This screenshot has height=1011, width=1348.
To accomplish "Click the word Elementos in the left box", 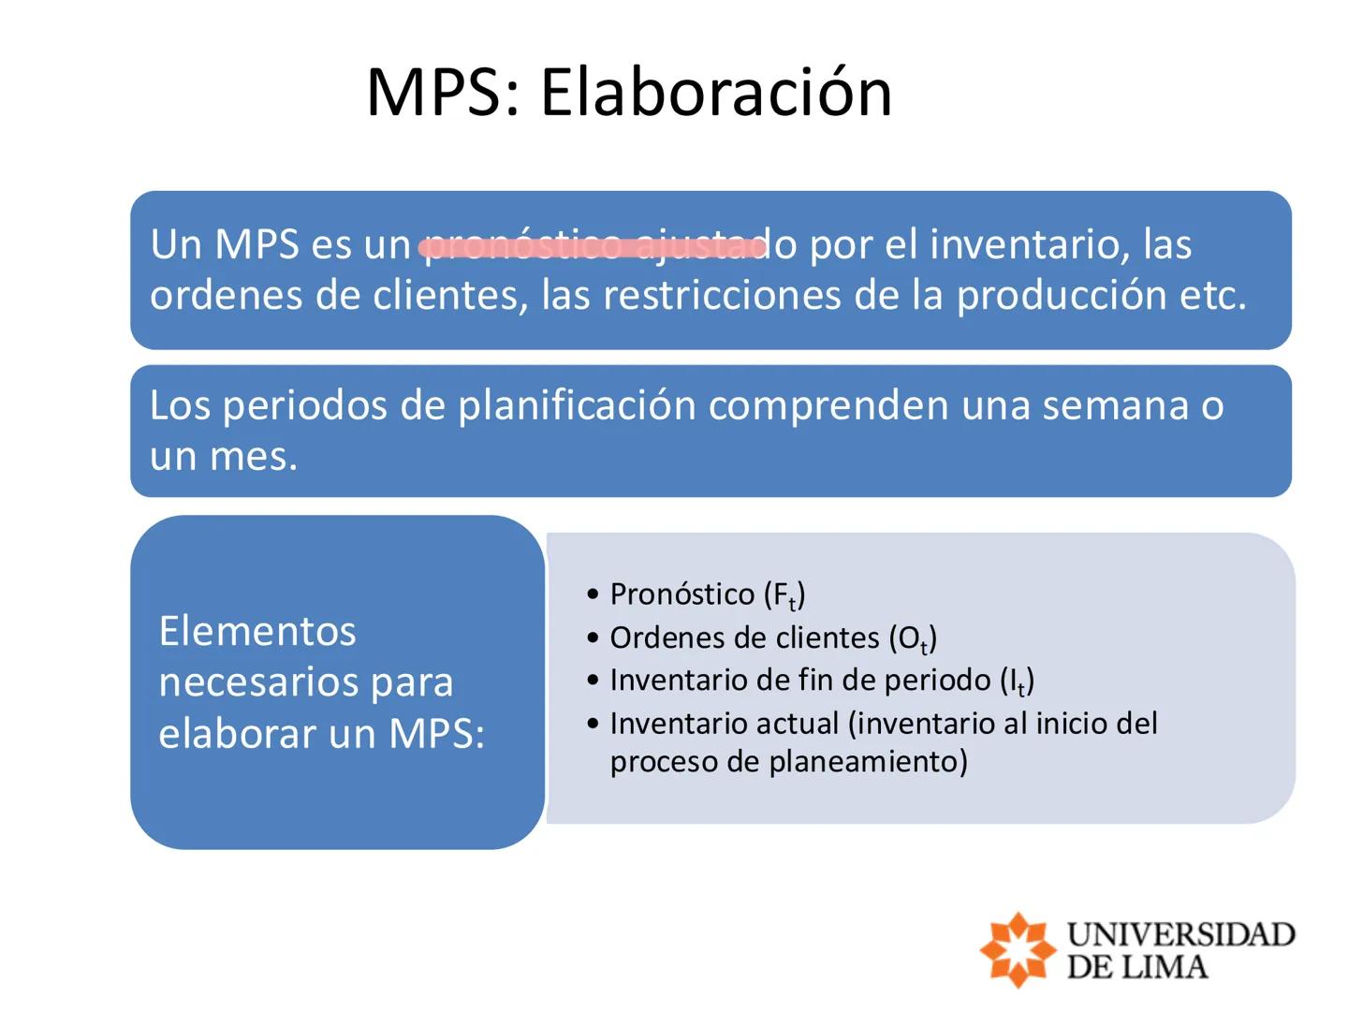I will pyautogui.click(x=257, y=631).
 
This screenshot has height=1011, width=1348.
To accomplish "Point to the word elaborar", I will pyautogui.click(x=238, y=733).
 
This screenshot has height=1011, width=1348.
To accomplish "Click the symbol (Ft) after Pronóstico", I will pyautogui.click(x=784, y=595).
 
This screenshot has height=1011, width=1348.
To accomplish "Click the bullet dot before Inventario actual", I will pyautogui.click(x=593, y=724).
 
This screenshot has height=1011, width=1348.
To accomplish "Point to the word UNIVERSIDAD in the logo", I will pyautogui.click(x=1180, y=933).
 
